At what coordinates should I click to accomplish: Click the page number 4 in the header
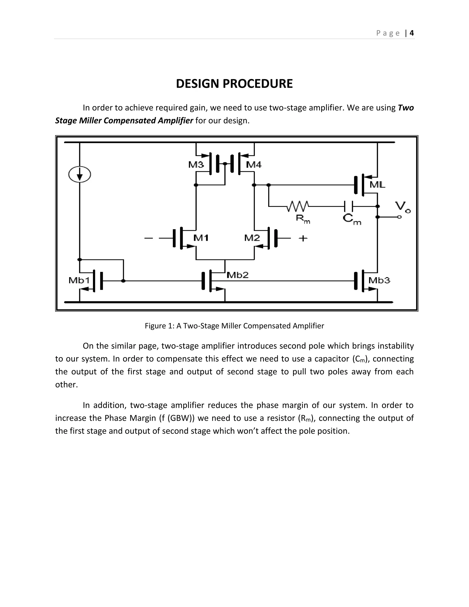[412, 33]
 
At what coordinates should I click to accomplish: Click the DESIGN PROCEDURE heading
[234, 84]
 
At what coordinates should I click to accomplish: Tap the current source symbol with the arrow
[80, 175]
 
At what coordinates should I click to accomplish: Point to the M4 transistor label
[254, 165]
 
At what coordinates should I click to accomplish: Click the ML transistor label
[377, 185]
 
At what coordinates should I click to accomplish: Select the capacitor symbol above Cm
[348, 206]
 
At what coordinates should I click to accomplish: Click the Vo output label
[403, 207]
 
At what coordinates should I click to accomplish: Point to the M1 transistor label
[201, 238]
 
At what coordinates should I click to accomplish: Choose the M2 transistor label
[252, 238]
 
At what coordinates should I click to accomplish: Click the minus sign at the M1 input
[149, 238]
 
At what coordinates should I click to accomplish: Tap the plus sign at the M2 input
[303, 238]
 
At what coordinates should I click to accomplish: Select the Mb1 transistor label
[79, 280]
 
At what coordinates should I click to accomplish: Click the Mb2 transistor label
[237, 275]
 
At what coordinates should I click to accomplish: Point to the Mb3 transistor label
[379, 280]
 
